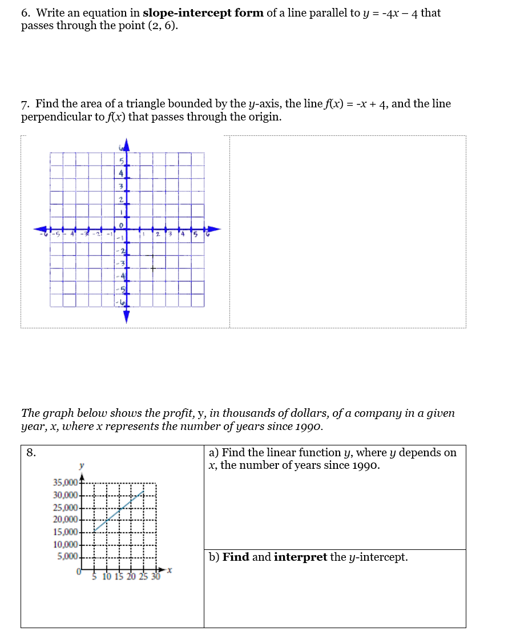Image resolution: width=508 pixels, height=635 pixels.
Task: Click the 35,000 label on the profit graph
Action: (x=65, y=483)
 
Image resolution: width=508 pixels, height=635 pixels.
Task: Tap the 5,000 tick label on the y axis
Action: (x=67, y=556)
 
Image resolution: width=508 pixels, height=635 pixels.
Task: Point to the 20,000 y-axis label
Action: (x=65, y=520)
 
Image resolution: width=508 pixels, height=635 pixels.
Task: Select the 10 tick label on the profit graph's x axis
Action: (x=107, y=577)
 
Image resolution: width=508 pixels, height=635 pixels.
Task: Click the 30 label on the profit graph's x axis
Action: (x=155, y=577)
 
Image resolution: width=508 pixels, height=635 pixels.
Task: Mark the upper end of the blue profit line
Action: (x=143, y=490)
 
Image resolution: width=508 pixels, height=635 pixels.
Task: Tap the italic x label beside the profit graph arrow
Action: (x=170, y=570)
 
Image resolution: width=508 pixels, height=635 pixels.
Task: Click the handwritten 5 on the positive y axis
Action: (x=122, y=162)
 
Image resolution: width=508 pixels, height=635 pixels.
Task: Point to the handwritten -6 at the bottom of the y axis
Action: (x=120, y=300)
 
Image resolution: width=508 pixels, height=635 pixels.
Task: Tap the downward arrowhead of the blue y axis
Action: (x=127, y=317)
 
